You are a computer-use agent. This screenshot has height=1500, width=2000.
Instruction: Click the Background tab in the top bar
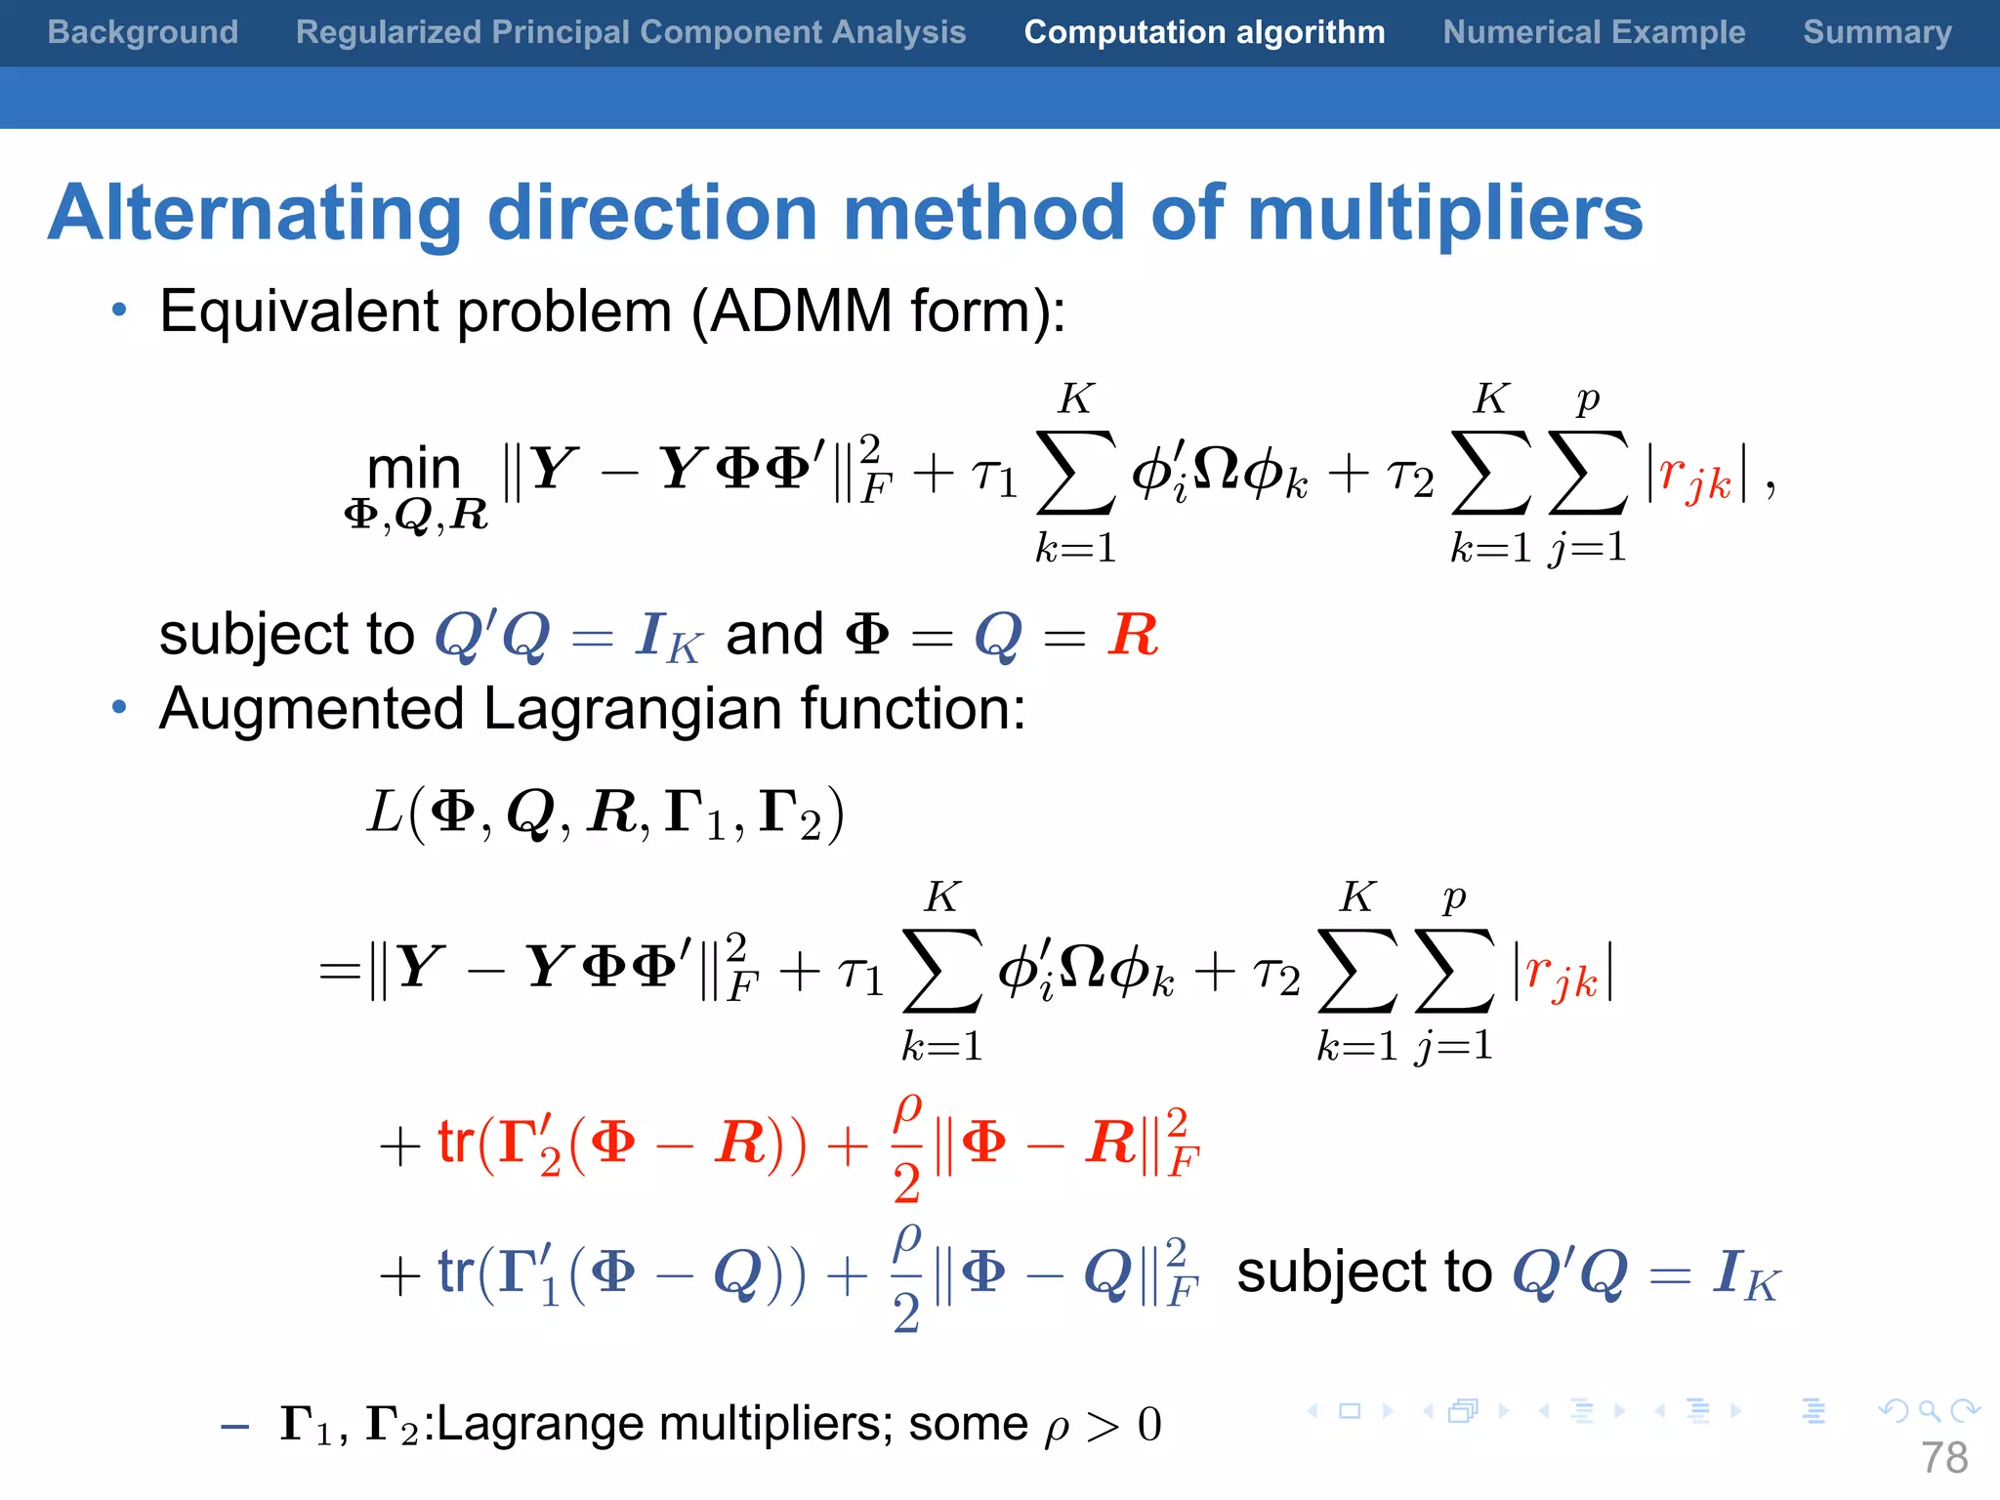click(x=143, y=32)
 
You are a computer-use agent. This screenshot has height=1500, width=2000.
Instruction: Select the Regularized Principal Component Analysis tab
click(x=631, y=32)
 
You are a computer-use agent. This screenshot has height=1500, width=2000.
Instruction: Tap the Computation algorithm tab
click(x=1204, y=32)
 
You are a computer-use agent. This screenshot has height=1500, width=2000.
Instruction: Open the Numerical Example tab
click(x=1594, y=32)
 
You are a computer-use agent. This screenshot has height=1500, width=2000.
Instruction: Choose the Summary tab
click(x=1877, y=32)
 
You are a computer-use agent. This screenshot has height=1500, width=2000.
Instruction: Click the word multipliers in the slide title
click(x=1445, y=213)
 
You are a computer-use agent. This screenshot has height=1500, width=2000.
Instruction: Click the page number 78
click(x=1944, y=1458)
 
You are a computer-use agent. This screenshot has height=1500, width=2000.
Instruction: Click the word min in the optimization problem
click(x=414, y=469)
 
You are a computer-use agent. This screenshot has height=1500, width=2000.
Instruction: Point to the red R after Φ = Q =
click(x=1133, y=635)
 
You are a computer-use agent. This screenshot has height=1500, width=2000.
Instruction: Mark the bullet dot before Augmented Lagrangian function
click(x=119, y=707)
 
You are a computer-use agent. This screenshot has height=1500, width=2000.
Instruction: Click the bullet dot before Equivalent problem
click(x=119, y=311)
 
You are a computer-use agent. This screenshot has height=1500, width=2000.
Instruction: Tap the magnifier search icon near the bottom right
click(x=1929, y=1410)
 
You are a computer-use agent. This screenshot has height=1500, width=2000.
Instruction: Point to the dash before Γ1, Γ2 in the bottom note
click(x=235, y=1427)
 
